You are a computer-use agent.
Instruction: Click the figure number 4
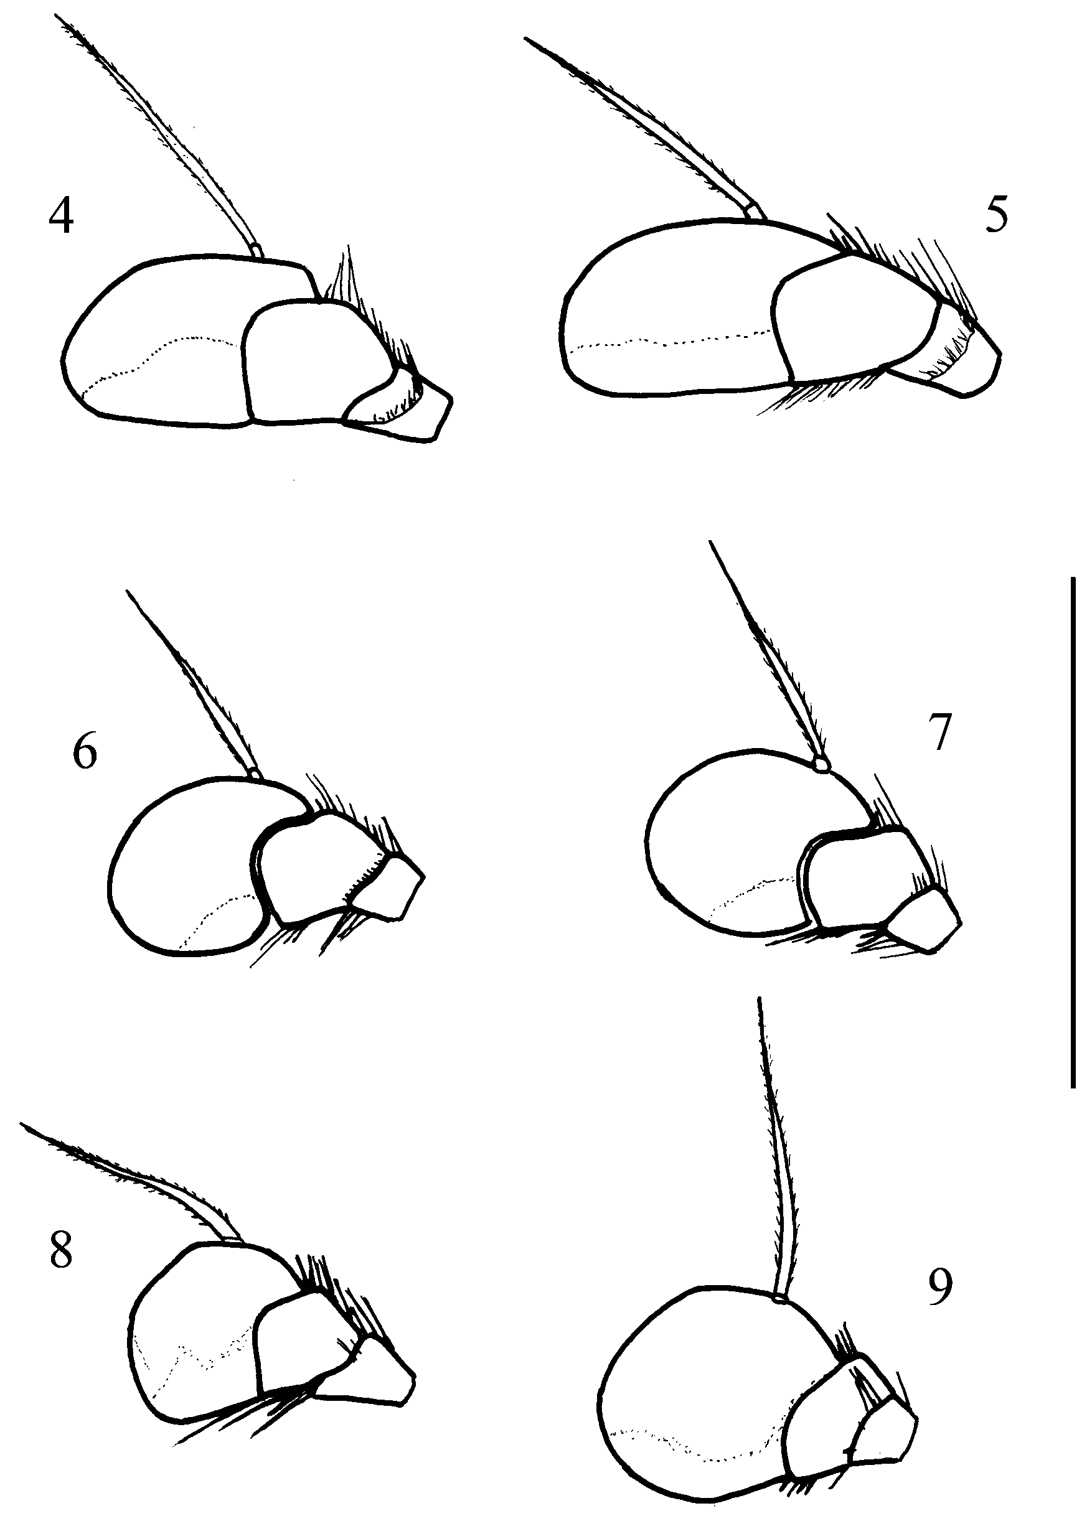(x=61, y=217)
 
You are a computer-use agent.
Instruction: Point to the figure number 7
(x=939, y=733)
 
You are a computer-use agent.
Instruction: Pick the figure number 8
(x=61, y=1252)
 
